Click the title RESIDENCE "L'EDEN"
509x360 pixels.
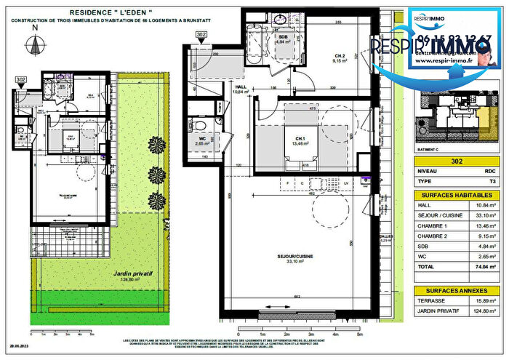(x=111, y=12)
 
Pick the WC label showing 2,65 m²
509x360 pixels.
(x=199, y=140)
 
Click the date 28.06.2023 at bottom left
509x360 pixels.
(x=20, y=348)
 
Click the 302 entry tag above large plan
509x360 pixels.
(x=201, y=34)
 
